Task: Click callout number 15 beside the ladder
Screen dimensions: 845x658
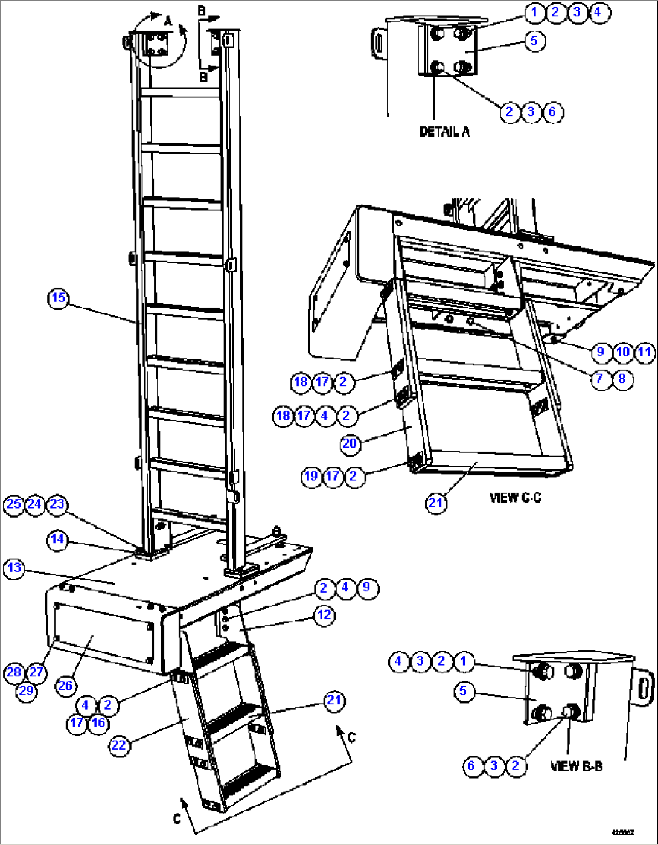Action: [x=58, y=298]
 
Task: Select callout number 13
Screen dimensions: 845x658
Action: [x=14, y=568]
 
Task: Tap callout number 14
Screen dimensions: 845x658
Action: [x=57, y=539]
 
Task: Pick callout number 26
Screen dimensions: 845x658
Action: [x=65, y=685]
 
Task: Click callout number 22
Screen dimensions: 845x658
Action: [x=119, y=745]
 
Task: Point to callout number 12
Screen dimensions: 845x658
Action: [x=324, y=615]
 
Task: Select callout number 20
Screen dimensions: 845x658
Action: [x=350, y=444]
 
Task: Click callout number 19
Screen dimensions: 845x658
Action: [x=311, y=476]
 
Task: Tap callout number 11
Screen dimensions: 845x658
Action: [x=645, y=352]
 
